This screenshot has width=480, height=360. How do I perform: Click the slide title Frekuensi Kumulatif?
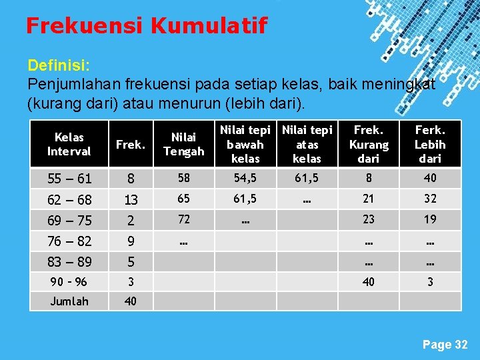[x=146, y=26]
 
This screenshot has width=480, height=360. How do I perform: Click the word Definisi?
[x=59, y=66]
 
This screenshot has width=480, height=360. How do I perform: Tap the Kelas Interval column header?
[x=69, y=145]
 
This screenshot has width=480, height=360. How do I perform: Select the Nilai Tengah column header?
[x=183, y=145]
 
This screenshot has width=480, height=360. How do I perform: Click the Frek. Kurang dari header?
[x=368, y=145]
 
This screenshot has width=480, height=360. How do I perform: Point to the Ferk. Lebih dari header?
[x=430, y=145]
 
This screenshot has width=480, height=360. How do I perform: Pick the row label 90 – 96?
[x=69, y=282]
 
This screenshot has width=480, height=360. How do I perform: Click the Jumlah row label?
[x=69, y=301]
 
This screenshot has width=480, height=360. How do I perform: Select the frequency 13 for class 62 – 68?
[x=131, y=199]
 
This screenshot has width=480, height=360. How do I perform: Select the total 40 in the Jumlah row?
[x=131, y=301]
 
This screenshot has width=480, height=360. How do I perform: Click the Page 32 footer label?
[x=445, y=345]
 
